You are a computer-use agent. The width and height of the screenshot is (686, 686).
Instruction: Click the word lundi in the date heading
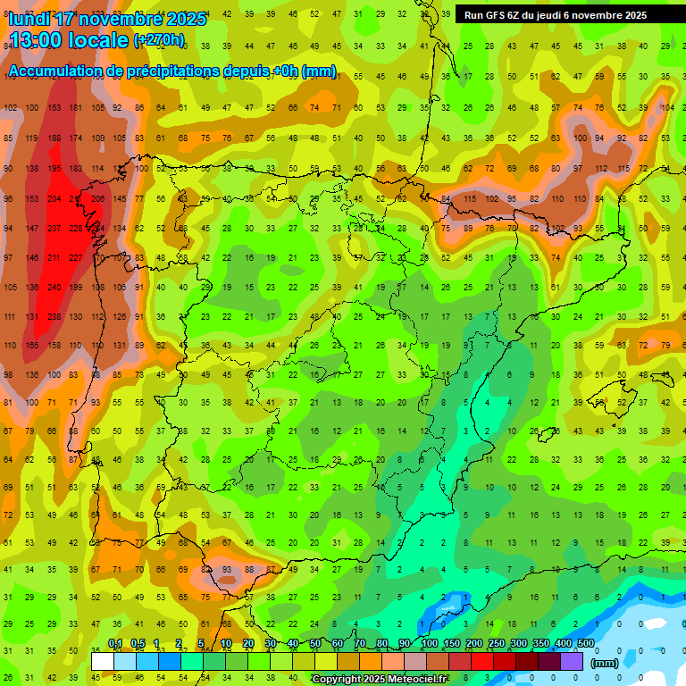pyautogui.click(x=32, y=19)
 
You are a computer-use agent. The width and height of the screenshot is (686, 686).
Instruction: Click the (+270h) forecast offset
pyautogui.click(x=159, y=40)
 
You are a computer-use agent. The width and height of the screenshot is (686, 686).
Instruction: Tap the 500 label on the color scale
pyautogui.click(x=586, y=643)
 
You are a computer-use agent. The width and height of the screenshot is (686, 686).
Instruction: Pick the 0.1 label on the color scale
pyautogui.click(x=115, y=643)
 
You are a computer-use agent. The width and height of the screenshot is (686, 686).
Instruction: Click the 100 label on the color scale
pyautogui.click(x=430, y=643)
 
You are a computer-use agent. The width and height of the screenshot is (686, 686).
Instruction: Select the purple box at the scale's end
pyautogui.click(x=572, y=661)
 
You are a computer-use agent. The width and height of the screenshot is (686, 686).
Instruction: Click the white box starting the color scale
pyautogui.click(x=103, y=661)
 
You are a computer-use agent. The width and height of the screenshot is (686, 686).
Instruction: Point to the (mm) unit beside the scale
pyautogui.click(x=605, y=663)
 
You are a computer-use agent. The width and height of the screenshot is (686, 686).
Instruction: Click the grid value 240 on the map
pyautogui.click(x=54, y=288)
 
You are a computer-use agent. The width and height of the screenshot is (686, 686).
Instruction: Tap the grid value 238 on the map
pyautogui.click(x=54, y=317)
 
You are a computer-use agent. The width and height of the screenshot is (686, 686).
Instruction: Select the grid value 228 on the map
pyautogui.click(x=76, y=229)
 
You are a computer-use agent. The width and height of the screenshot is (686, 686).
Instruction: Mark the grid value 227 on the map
pyautogui.click(x=76, y=258)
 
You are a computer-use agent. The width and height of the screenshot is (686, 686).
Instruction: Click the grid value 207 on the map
pyautogui.click(x=54, y=229)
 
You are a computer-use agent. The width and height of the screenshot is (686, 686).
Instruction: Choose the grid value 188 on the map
pyautogui.click(x=54, y=138)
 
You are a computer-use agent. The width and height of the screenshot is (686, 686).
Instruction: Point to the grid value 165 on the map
pyautogui.click(x=32, y=346)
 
